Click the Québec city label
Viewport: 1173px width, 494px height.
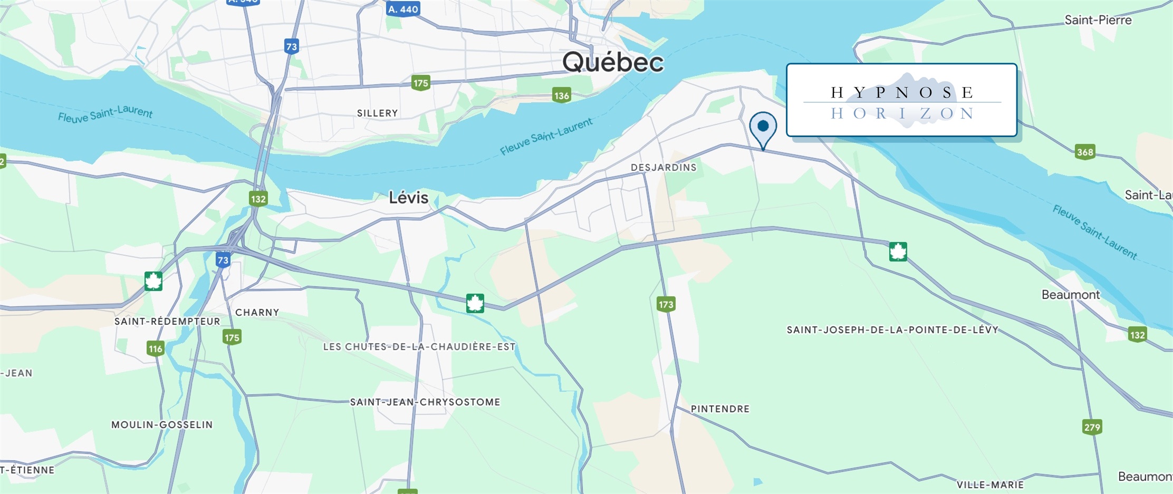[613, 62]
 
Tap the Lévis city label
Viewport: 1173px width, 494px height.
[408, 198]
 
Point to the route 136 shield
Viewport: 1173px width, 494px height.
[561, 95]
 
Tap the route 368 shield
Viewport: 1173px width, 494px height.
[1085, 152]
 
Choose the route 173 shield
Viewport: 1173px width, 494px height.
[666, 304]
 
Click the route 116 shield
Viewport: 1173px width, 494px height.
[155, 348]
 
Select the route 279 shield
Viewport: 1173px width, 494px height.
[1092, 427]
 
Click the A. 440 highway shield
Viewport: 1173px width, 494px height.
[403, 9]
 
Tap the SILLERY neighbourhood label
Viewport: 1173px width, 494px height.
[377, 113]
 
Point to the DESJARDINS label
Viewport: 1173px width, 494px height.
[664, 168]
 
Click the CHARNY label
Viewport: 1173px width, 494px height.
[257, 313]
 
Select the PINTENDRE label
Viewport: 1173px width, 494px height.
[720, 409]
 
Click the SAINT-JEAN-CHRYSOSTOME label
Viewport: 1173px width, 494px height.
[425, 402]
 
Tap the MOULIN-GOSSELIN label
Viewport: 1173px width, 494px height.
[162, 425]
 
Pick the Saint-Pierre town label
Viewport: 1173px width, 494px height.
[1098, 20]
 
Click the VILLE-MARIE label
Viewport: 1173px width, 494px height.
[990, 485]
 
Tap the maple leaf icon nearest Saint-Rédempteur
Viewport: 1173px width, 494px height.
[153, 281]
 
